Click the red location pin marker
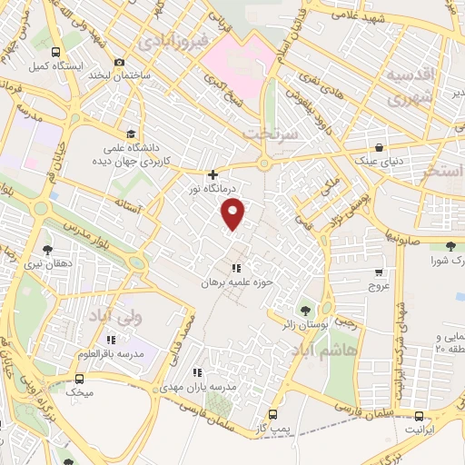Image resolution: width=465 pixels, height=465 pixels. point(234,214)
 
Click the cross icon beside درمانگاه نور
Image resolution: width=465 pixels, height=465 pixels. point(213,174)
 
